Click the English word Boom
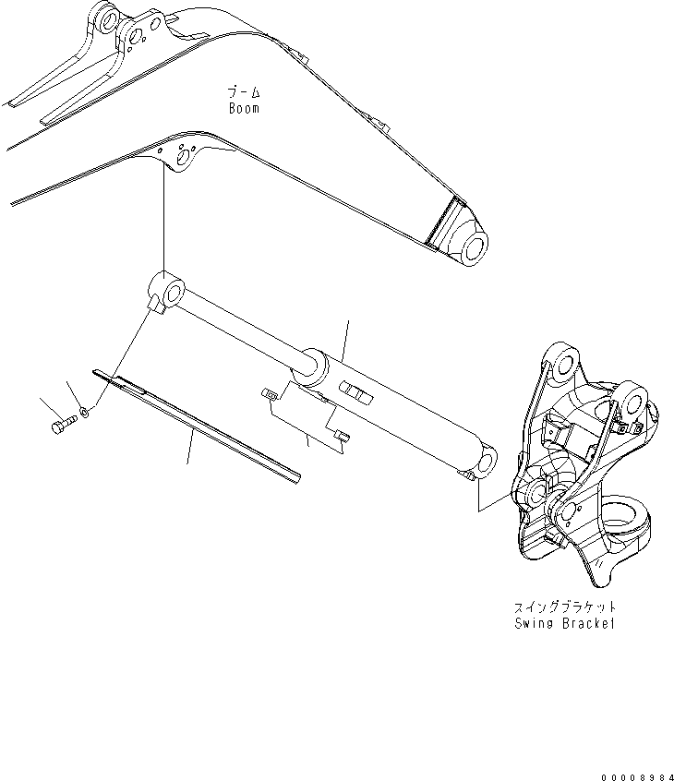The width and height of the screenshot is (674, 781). pyautogui.click(x=244, y=108)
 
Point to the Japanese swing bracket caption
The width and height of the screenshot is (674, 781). pyautogui.click(x=564, y=608)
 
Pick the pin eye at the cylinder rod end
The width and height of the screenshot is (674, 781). pyautogui.click(x=170, y=294)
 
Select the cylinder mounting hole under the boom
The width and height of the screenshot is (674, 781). pyautogui.click(x=184, y=159)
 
